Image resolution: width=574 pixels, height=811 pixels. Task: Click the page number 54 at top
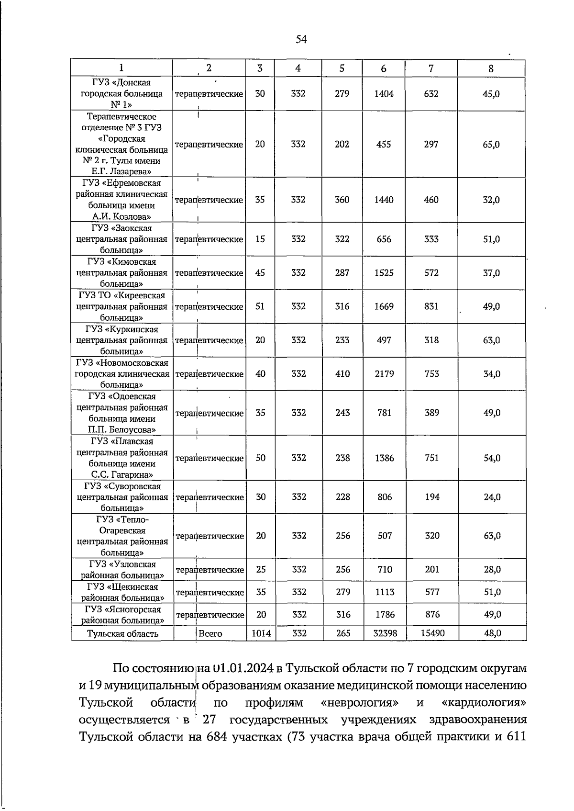point(301,40)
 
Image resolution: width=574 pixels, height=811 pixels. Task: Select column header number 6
point(384,68)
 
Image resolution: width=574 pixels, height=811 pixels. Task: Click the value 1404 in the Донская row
point(384,94)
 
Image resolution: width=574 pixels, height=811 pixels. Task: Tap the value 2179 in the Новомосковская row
point(385,373)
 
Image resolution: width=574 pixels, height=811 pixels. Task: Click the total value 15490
point(432,633)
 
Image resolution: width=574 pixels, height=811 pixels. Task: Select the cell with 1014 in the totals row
point(261,633)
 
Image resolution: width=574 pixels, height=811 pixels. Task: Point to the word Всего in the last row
point(210,633)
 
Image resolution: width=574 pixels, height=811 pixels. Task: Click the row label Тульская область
point(122,634)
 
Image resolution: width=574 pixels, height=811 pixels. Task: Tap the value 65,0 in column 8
point(491,144)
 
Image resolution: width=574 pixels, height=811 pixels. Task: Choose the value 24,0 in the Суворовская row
point(492,497)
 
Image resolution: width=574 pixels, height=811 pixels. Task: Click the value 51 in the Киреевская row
point(260,306)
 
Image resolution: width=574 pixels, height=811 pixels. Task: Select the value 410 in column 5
point(342,373)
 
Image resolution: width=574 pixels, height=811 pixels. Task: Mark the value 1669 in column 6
point(384,306)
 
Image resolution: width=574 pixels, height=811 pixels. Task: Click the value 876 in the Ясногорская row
point(432,614)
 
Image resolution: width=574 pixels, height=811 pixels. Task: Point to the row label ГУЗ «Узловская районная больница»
point(122,570)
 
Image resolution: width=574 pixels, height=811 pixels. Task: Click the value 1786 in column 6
point(385,614)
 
